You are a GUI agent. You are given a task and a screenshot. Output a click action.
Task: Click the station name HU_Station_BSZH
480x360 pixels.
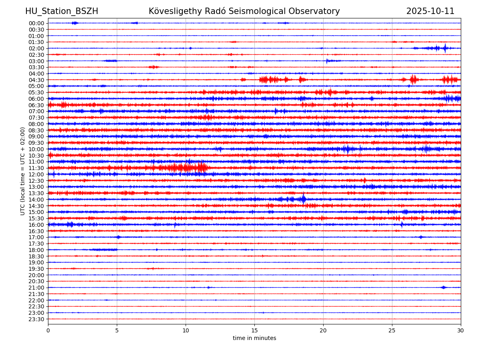click(x=62, y=11)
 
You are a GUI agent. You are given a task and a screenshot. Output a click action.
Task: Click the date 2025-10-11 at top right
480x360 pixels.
click(x=430, y=11)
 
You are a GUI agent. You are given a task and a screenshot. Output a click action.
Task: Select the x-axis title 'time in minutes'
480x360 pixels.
click(x=254, y=338)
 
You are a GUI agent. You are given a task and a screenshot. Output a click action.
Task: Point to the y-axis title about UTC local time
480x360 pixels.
click(x=23, y=171)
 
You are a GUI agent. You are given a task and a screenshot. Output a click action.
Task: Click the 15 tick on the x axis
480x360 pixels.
click(x=254, y=330)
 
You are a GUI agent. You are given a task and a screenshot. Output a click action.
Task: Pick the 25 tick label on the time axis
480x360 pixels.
click(x=392, y=330)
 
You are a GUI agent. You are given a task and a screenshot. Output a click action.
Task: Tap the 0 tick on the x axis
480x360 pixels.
click(x=48, y=330)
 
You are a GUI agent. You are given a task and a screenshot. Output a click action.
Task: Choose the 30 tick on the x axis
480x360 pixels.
click(x=461, y=330)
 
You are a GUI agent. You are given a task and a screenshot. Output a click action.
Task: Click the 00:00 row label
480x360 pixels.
click(x=36, y=23)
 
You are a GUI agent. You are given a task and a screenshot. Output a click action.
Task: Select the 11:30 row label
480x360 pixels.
click(x=36, y=168)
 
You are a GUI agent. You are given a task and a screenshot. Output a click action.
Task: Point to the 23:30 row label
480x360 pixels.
click(x=36, y=319)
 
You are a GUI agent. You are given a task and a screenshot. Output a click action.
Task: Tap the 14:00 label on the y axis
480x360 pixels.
click(x=36, y=200)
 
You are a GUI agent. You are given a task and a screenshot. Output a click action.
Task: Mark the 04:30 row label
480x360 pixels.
click(x=36, y=80)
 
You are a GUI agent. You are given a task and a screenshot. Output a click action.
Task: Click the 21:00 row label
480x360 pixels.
click(x=36, y=288)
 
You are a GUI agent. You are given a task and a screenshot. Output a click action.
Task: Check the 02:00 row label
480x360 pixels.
click(x=36, y=48)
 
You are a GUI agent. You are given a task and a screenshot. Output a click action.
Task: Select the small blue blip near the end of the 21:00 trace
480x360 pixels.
click(x=443, y=287)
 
